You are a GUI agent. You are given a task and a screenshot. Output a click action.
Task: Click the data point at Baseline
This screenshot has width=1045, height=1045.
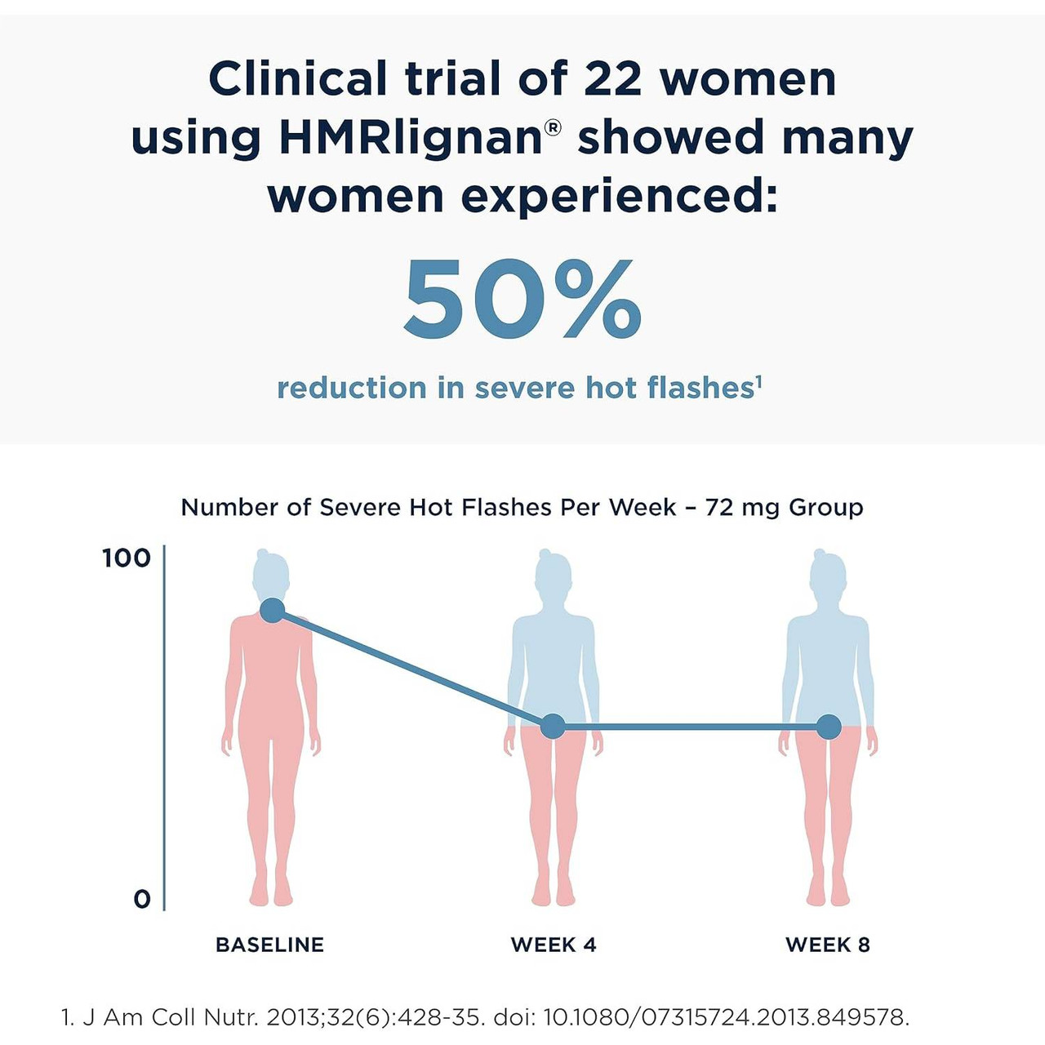tap(272, 611)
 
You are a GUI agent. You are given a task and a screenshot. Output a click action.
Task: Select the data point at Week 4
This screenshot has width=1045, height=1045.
tap(553, 726)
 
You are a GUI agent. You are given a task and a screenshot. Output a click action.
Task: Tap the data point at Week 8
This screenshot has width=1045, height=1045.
tap(829, 726)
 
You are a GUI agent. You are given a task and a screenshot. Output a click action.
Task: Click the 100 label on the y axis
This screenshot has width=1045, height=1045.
tap(127, 558)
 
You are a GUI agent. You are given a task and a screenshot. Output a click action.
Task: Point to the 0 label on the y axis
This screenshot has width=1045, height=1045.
tap(142, 900)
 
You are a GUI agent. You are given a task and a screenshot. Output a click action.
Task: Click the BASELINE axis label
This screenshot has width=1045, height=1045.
tap(269, 945)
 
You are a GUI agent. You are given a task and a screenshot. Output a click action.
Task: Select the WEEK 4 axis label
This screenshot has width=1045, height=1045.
tap(554, 945)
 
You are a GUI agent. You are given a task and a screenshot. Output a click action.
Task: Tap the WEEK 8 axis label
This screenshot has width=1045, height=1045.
tap(828, 945)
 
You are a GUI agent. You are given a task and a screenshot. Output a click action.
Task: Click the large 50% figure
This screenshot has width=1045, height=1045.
tap(522, 300)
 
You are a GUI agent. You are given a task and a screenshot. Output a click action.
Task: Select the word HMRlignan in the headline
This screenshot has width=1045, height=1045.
tap(410, 138)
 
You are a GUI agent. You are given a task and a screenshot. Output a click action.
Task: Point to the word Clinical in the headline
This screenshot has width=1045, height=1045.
tap(297, 79)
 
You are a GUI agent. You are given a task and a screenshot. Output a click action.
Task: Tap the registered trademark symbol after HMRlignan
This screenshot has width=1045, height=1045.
tap(553, 127)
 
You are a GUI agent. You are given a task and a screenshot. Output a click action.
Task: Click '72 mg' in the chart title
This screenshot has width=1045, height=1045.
tap(741, 507)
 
